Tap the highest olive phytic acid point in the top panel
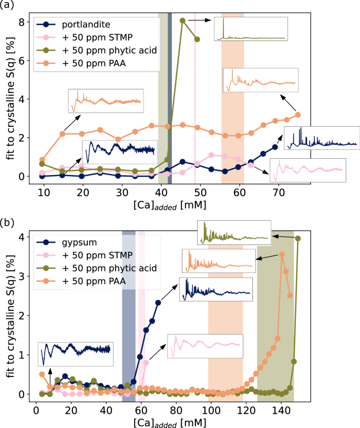pyautogui.click(x=182, y=21)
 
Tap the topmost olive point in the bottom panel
pyautogui.click(x=298, y=238)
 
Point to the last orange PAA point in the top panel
pyautogui.click(x=298, y=115)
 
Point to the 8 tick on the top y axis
pyautogui.click(x=20, y=22)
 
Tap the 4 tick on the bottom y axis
pyautogui.click(x=20, y=237)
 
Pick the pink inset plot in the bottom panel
pyautogui.click(x=205, y=346)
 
